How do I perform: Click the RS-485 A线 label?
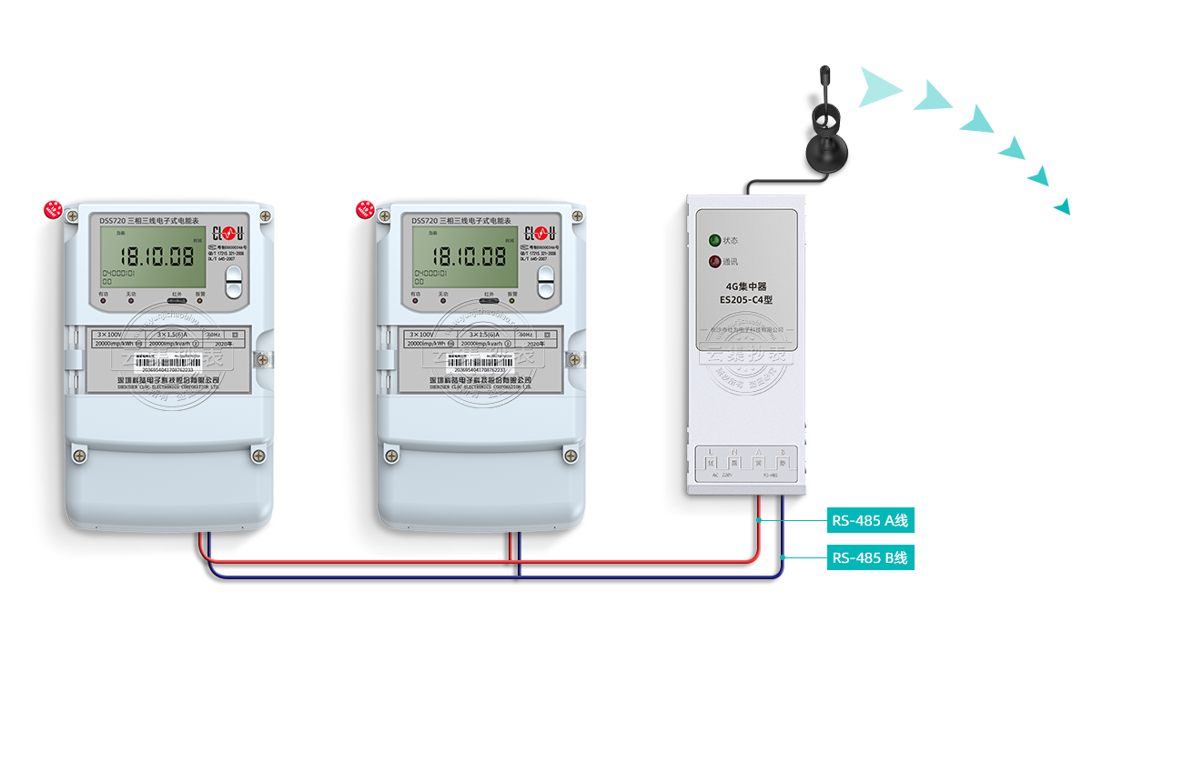point(870,521)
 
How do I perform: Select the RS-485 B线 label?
point(870,557)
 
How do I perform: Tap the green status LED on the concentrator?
point(714,241)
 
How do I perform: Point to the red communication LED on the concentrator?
point(714,262)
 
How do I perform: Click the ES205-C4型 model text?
point(745,299)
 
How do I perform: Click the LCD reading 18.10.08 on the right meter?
point(468,256)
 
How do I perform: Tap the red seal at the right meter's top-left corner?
point(366,210)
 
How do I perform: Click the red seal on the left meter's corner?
point(54,210)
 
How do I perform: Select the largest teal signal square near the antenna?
point(881,87)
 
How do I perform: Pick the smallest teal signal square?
point(1061,206)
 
